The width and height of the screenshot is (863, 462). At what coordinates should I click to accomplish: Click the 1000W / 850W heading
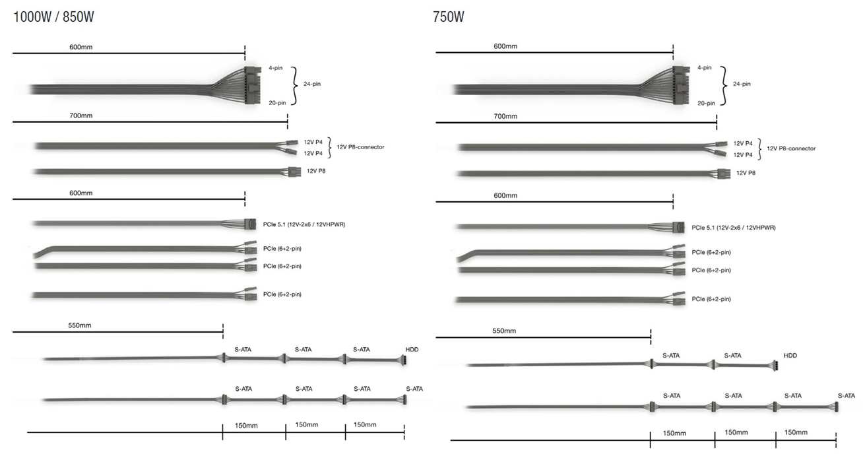click(53, 17)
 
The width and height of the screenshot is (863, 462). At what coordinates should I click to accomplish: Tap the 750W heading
click(449, 17)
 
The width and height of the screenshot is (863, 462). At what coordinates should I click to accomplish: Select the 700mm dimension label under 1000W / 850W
click(81, 115)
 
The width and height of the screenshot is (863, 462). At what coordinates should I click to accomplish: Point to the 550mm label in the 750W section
click(504, 331)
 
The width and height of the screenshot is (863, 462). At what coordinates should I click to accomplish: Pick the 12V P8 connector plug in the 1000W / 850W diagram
click(294, 172)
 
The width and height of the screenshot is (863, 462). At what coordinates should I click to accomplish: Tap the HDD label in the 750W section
click(790, 356)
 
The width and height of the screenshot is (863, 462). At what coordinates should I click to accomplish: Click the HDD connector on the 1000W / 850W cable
click(403, 360)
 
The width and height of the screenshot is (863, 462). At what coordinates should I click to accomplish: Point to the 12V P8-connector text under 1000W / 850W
click(361, 147)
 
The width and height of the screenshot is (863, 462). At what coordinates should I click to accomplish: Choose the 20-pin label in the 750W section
click(706, 103)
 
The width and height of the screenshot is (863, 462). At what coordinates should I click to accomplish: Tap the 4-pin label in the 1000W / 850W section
click(276, 68)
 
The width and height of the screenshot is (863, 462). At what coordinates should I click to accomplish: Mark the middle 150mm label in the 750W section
click(736, 432)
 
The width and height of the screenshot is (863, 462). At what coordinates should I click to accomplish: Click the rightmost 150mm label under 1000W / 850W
click(365, 424)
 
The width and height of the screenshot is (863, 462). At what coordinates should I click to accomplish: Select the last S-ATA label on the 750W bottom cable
click(847, 396)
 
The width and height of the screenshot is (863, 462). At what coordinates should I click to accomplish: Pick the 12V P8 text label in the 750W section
click(746, 173)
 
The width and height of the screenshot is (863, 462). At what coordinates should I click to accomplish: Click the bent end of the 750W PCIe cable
click(463, 257)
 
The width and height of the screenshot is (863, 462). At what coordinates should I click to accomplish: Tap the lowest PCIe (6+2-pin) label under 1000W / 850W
click(282, 294)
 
